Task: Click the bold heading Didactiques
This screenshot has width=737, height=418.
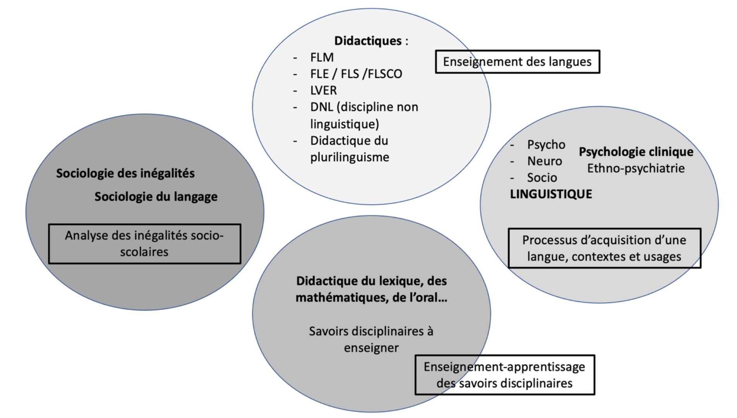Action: (x=368, y=41)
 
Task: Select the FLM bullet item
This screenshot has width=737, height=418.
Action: (x=322, y=57)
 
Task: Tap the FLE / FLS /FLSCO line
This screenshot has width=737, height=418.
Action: (x=356, y=74)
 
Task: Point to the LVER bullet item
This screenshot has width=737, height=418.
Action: (x=323, y=90)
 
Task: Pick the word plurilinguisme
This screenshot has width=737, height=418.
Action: (x=350, y=157)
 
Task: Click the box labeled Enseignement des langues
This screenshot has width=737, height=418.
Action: (x=517, y=62)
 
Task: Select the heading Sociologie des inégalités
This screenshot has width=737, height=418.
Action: (x=125, y=173)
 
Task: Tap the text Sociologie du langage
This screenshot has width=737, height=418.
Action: (x=156, y=197)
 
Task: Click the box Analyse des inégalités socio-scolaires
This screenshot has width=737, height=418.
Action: (x=144, y=244)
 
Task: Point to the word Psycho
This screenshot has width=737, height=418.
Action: (x=546, y=144)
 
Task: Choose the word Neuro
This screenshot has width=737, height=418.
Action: (x=544, y=161)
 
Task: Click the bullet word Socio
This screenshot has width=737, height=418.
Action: (x=542, y=178)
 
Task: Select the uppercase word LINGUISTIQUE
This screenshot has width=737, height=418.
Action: (x=551, y=194)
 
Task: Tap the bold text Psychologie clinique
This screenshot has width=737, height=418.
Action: (x=636, y=151)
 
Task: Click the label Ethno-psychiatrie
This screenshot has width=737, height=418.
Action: (x=636, y=168)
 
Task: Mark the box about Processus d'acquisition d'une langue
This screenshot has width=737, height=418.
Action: (x=604, y=248)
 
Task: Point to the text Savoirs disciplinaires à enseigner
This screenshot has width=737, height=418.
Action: (x=371, y=339)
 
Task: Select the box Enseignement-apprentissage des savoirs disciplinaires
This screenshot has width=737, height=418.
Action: (x=504, y=375)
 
